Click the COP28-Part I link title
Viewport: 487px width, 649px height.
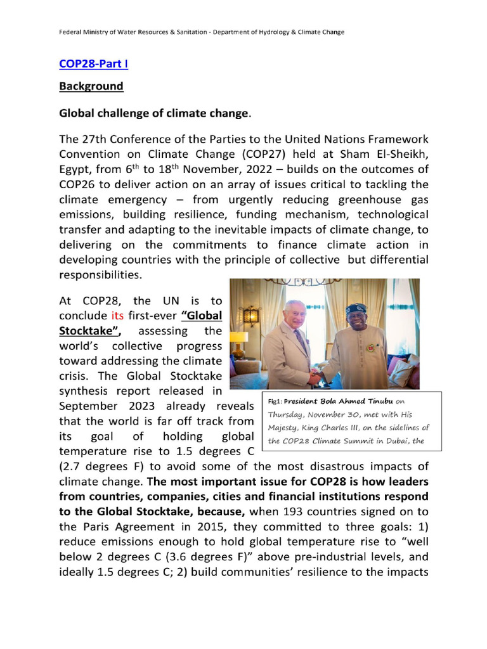click(94, 64)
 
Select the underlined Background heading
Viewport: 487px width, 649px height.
click(91, 86)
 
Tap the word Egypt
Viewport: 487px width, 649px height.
click(76, 169)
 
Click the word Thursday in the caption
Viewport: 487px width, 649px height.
click(287, 414)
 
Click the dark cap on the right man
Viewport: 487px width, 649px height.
click(356, 309)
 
